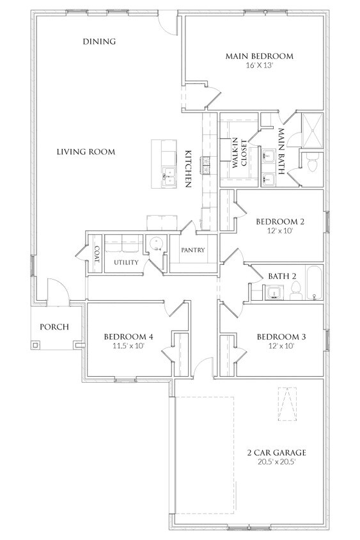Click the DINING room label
click(x=99, y=42)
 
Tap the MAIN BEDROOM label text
click(x=260, y=56)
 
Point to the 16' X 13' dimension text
click(x=260, y=65)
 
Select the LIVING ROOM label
click(x=86, y=152)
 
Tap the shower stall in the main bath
click(x=313, y=130)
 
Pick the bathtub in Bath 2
click(x=313, y=282)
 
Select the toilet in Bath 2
click(x=295, y=290)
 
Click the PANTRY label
click(x=192, y=250)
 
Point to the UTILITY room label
click(x=127, y=262)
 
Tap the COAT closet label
click(x=97, y=254)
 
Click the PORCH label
click(x=54, y=327)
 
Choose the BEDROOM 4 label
click(x=129, y=337)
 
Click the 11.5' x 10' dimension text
click(x=129, y=345)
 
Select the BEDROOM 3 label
click(x=281, y=337)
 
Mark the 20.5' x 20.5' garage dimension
click(x=276, y=462)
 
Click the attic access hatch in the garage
click(x=287, y=404)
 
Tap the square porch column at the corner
click(x=35, y=344)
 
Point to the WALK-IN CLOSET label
click(x=240, y=154)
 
